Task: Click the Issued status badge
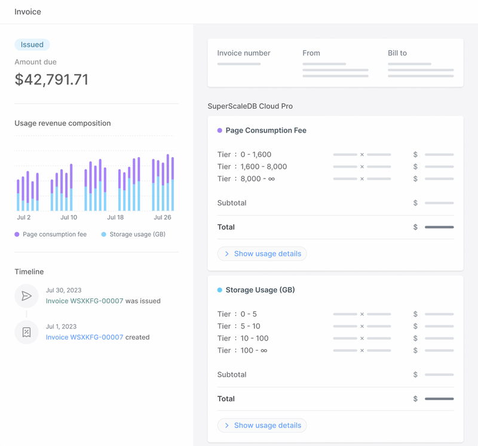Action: [x=32, y=44]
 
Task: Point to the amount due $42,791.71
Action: [x=51, y=79]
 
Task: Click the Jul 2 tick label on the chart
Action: [x=24, y=217]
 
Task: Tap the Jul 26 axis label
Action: [x=163, y=217]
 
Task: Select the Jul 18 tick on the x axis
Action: [x=115, y=217]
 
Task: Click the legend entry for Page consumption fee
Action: [x=51, y=235]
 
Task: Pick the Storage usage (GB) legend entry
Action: [x=133, y=235]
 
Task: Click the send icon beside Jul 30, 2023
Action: [x=26, y=296]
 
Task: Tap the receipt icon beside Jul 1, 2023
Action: [x=26, y=333]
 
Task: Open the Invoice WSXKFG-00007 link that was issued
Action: [x=84, y=301]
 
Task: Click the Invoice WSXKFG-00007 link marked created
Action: [x=84, y=337]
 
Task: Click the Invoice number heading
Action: [x=244, y=53]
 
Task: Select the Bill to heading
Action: [x=397, y=53]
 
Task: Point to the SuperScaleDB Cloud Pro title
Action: [x=250, y=106]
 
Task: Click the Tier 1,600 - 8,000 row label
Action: [x=252, y=167]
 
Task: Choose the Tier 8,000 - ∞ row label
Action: [x=246, y=179]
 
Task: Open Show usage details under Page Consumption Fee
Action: [x=262, y=254]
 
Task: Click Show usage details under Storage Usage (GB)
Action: [x=262, y=425]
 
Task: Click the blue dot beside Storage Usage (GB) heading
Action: [x=220, y=290]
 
